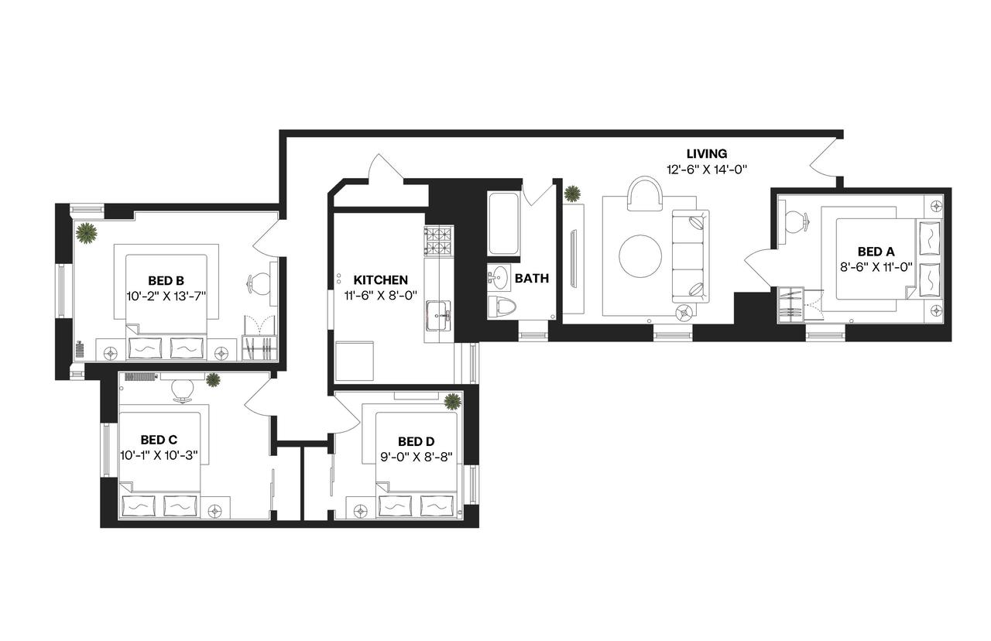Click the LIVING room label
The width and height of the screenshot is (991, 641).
click(706, 154)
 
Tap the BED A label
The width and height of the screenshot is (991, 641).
click(876, 252)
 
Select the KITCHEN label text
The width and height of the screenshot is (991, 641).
click(380, 279)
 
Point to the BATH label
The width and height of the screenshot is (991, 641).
click(531, 279)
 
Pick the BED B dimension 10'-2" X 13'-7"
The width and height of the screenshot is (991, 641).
click(166, 295)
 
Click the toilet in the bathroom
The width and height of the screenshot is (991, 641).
click(503, 307)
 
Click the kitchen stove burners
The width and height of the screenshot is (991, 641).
click(437, 241)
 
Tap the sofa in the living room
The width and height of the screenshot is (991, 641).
click(690, 255)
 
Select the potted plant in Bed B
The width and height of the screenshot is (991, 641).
click(86, 232)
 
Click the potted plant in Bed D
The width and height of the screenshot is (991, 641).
click(452, 401)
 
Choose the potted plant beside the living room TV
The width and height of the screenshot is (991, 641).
click(573, 192)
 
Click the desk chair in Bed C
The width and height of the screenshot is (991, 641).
click(183, 389)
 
